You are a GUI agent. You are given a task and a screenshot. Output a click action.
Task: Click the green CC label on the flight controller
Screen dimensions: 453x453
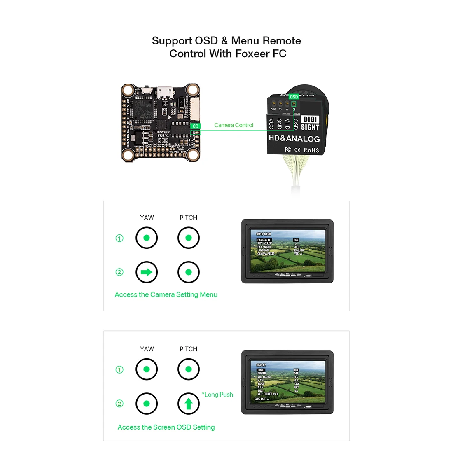[195, 126]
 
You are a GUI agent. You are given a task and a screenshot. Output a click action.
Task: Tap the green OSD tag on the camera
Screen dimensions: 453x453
[294, 97]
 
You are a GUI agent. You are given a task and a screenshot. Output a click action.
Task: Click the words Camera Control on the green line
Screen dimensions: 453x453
[234, 125]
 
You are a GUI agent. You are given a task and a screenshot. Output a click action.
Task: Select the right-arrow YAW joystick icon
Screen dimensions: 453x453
[147, 272]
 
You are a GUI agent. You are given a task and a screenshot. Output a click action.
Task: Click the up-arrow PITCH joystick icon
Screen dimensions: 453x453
[189, 404]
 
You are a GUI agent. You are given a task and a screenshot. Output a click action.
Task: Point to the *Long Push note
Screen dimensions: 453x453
[217, 395]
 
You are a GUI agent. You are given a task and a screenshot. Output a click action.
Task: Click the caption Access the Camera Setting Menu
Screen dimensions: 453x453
[166, 294]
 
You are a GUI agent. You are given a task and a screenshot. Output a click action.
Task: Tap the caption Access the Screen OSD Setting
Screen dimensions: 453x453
[166, 427]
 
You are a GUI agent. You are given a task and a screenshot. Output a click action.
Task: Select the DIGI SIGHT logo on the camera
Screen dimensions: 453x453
[310, 123]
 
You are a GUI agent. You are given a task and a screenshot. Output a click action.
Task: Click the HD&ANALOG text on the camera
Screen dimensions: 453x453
[294, 139]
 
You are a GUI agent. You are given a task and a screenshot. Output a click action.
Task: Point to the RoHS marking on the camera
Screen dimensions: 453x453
[311, 150]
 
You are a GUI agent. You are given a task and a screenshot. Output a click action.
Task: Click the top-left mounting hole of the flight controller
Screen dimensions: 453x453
[128, 90]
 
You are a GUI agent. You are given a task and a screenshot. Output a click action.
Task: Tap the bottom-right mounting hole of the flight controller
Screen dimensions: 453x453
[193, 155]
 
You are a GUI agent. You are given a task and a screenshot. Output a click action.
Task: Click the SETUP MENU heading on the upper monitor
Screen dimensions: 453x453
[264, 234]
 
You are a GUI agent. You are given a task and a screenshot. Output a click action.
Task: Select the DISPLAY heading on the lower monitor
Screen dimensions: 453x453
[261, 365]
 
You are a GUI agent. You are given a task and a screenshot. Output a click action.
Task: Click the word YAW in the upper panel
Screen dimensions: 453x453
[147, 217]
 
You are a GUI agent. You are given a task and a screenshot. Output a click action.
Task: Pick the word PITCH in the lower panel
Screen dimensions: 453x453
[188, 349]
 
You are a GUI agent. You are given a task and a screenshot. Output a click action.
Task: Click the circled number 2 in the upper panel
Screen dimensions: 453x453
[119, 272]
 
